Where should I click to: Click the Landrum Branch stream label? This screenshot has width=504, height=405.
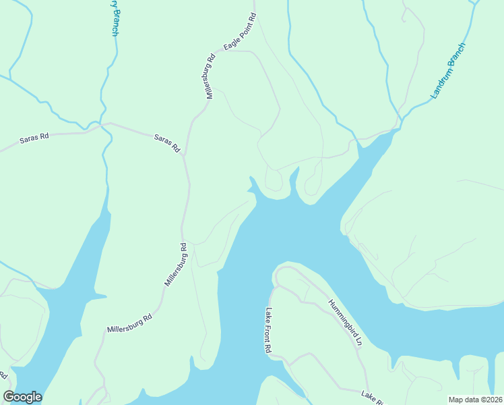coord(448,71)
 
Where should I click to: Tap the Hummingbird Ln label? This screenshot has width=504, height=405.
coord(346,323)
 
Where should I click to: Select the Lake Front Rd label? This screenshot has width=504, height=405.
coord(268,331)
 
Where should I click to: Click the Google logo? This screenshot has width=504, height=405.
coord(23,397)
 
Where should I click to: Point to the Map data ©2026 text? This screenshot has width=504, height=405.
coord(475,400)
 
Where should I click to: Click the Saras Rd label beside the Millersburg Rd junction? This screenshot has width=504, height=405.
coord(167,142)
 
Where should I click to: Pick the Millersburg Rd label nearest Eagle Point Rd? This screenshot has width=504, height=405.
coord(210,78)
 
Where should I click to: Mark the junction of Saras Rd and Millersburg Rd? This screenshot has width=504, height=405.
coord(183,155)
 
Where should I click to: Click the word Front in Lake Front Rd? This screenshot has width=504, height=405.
coord(268,331)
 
